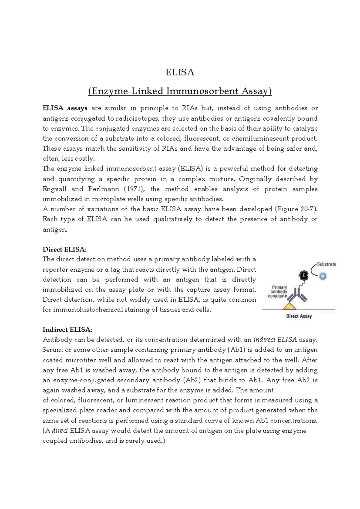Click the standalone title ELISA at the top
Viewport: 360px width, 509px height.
180,72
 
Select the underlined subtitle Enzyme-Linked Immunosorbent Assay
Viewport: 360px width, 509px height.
180,91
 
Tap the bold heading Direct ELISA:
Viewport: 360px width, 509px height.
64,249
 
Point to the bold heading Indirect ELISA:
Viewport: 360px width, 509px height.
67,330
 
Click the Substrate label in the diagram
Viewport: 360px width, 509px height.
326,264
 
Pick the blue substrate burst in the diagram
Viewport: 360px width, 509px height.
323,276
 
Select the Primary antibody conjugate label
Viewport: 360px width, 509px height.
279,292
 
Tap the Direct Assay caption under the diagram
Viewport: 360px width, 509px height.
299,316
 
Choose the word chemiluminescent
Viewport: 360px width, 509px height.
255,139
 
